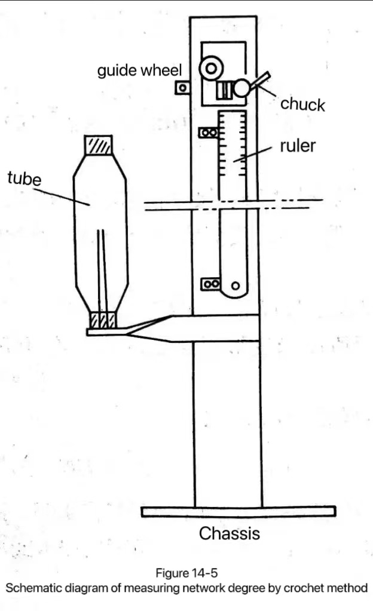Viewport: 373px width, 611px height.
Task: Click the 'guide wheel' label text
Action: (x=139, y=70)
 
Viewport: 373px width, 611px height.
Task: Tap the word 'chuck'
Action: (x=302, y=105)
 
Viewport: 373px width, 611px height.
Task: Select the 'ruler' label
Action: (x=298, y=145)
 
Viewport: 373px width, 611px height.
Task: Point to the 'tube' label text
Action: (x=24, y=178)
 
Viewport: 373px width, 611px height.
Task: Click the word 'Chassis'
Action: (x=230, y=533)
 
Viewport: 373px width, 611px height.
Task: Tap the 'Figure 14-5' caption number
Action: (x=186, y=573)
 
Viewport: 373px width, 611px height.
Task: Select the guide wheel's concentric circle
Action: (x=211, y=69)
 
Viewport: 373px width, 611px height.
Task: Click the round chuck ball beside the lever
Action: (x=241, y=88)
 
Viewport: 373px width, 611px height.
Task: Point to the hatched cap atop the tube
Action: (x=98, y=145)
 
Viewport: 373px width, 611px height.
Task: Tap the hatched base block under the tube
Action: (x=103, y=320)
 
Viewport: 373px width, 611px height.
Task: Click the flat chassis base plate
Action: (x=239, y=511)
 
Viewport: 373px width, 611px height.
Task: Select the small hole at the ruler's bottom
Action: (x=236, y=285)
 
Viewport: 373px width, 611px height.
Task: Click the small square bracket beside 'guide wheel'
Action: (x=182, y=88)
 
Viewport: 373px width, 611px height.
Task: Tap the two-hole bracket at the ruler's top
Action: (x=209, y=133)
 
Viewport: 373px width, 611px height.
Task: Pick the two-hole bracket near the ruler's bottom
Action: (x=210, y=284)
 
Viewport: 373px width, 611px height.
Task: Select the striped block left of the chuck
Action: (x=224, y=90)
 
